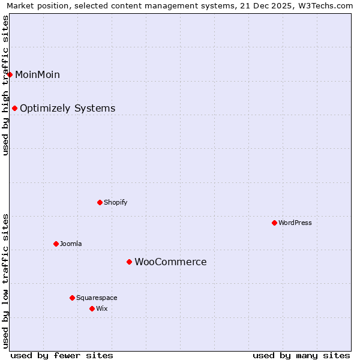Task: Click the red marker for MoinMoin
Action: click(10, 74)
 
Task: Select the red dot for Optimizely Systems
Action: click(15, 109)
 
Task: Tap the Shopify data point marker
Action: click(100, 202)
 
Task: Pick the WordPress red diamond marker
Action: click(274, 223)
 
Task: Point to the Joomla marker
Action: click(56, 244)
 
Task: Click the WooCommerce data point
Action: click(129, 262)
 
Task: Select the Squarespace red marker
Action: click(72, 298)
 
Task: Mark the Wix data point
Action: click(92, 308)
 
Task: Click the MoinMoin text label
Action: click(37, 74)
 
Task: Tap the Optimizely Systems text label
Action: click(67, 109)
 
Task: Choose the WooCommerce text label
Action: click(170, 262)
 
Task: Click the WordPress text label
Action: click(295, 223)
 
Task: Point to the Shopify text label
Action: click(115, 202)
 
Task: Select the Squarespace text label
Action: click(97, 298)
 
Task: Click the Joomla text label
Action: click(71, 244)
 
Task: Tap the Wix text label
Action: click(101, 308)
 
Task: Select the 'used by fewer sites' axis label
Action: click(62, 355)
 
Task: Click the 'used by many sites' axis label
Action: click(301, 355)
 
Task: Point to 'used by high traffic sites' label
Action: click(5, 85)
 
